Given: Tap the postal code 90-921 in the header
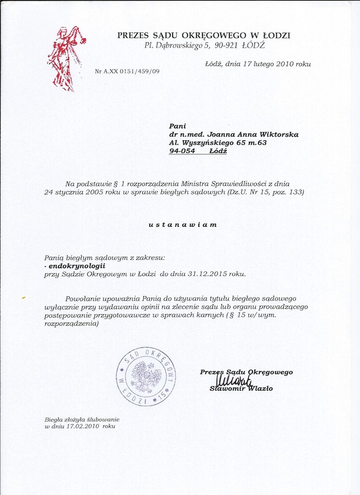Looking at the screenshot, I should [x=225, y=45].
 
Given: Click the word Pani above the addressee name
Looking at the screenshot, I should [x=178, y=126].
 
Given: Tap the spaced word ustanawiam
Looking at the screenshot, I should [x=182, y=224].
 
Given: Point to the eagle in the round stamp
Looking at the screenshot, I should [x=146, y=376].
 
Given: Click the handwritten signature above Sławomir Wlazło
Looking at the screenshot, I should [x=229, y=381].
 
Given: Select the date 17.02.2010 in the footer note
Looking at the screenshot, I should [x=82, y=426].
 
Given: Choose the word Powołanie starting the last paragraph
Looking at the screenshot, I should [x=84, y=298].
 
